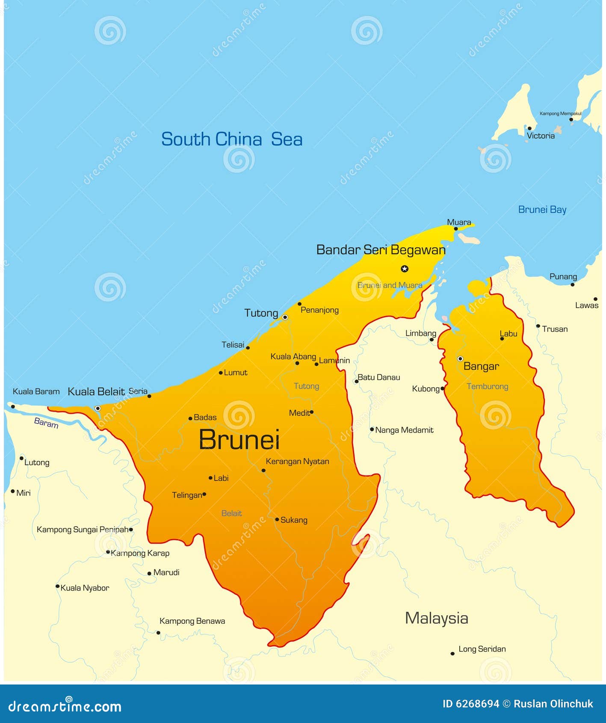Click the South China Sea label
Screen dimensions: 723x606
click(231, 139)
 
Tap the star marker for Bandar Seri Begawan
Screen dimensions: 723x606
click(405, 269)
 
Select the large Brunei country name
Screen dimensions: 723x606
click(239, 439)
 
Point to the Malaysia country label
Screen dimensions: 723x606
click(436, 618)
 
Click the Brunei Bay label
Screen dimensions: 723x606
click(542, 210)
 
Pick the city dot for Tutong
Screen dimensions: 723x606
click(285, 317)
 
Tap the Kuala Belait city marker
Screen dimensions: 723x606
click(98, 409)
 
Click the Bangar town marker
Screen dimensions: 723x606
click(460, 359)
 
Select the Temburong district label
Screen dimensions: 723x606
click(487, 386)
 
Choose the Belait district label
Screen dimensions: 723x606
click(231, 513)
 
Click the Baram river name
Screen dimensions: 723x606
click(46, 423)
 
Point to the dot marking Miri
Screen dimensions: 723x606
click(13, 492)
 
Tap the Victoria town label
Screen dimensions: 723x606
click(541, 136)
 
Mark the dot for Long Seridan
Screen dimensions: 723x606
click(452, 653)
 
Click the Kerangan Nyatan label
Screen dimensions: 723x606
click(297, 462)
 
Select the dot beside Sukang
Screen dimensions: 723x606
click(277, 519)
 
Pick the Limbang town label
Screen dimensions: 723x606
click(421, 333)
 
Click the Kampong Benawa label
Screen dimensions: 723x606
click(192, 621)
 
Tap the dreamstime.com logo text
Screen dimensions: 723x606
click(65, 707)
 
